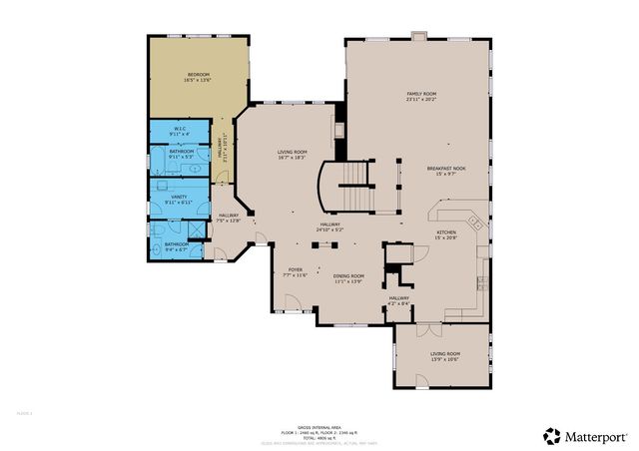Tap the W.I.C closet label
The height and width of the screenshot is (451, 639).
pyautogui.click(x=180, y=131)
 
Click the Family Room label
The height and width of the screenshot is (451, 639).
pyautogui.click(x=421, y=97)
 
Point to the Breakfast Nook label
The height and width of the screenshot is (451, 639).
pyautogui.click(x=445, y=171)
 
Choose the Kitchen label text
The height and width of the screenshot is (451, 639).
pyautogui.click(x=445, y=234)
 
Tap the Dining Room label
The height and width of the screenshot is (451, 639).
pyautogui.click(x=347, y=278)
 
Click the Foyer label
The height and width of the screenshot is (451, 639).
pyautogui.click(x=296, y=271)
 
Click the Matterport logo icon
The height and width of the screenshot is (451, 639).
pyautogui.click(x=551, y=435)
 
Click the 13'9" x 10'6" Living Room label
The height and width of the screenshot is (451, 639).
pyautogui.click(x=444, y=357)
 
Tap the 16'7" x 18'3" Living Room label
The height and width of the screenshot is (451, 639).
pyautogui.click(x=293, y=155)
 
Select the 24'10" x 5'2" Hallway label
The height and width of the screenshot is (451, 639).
pyautogui.click(x=329, y=227)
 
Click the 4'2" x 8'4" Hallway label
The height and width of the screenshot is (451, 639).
pyautogui.click(x=399, y=300)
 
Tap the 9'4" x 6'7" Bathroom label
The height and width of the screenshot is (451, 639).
pyautogui.click(x=177, y=246)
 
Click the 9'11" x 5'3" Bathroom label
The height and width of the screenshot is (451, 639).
pyautogui.click(x=181, y=154)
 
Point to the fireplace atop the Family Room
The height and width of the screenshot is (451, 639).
pyautogui.click(x=418, y=37)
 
